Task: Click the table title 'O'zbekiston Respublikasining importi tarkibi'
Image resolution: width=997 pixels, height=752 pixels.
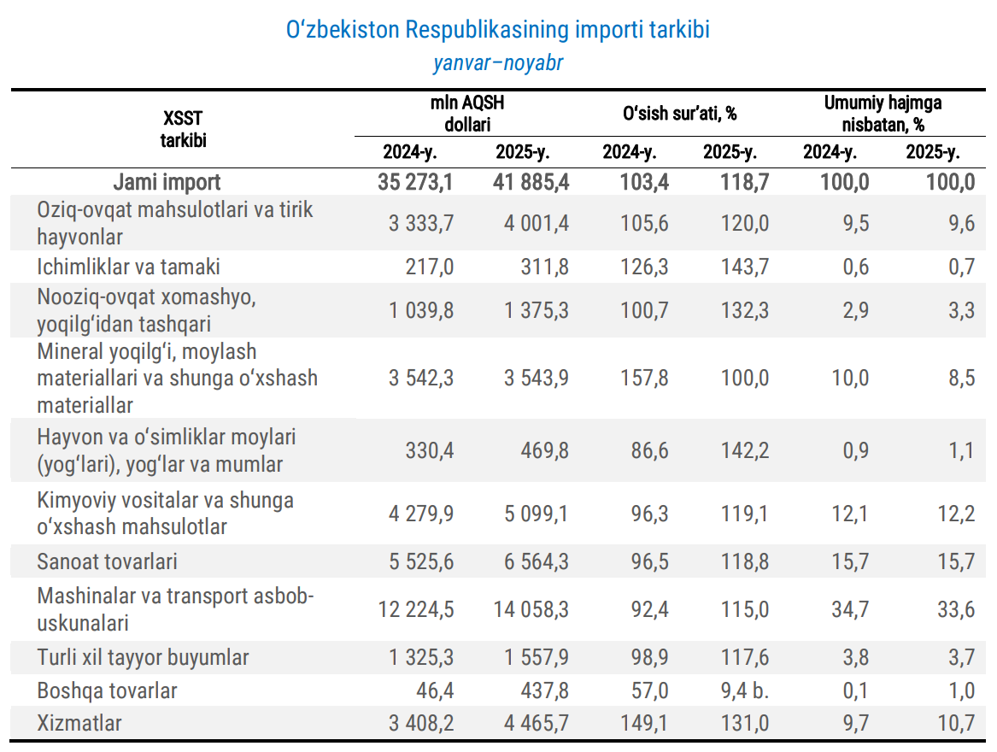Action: tap(498, 30)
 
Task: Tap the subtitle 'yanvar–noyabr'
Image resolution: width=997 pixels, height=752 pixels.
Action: tap(498, 63)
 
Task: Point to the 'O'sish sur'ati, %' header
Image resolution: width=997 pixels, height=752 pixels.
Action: tap(680, 113)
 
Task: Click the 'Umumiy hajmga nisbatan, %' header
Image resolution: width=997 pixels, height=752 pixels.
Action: tap(883, 113)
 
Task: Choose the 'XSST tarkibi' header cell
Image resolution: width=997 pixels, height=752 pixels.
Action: tap(183, 128)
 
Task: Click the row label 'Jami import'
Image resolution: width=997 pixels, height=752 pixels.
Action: tap(167, 182)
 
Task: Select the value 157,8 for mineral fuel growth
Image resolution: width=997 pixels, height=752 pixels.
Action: tap(647, 378)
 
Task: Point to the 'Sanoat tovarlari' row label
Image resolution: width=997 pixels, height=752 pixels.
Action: tap(107, 561)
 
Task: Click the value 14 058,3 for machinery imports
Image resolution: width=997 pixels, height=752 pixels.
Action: tap(531, 609)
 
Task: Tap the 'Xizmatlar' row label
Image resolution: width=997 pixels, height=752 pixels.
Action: tap(79, 723)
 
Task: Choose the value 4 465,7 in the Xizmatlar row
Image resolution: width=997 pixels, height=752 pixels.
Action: tap(537, 724)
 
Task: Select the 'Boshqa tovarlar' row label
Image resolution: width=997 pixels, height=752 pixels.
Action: tap(107, 690)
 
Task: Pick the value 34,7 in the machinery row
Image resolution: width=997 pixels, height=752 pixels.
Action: tap(850, 609)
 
